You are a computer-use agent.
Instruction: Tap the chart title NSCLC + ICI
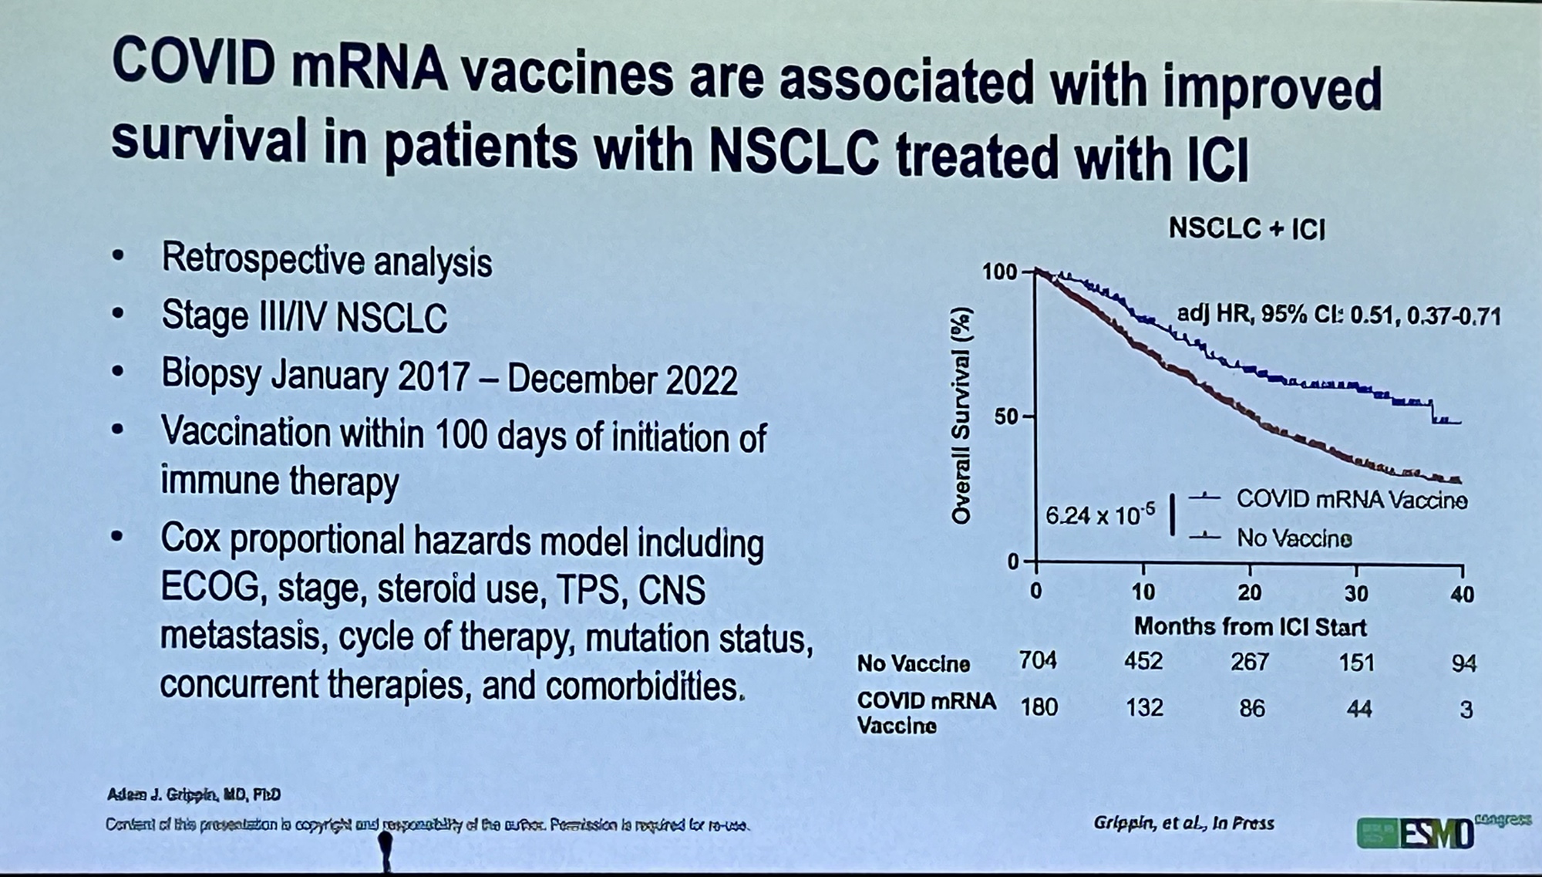coord(1247,228)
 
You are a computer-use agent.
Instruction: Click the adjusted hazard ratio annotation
coord(1338,315)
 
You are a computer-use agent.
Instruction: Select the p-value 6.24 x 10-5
coord(1100,514)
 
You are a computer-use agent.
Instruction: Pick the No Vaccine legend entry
coord(1294,538)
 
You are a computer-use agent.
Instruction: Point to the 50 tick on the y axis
coord(1006,417)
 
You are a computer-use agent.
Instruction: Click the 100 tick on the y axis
coord(999,272)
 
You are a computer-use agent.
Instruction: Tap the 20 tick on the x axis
coord(1249,592)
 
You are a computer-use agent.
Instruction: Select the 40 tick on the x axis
coord(1462,594)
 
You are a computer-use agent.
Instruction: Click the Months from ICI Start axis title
coord(1249,627)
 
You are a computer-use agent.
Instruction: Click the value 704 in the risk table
coord(1038,661)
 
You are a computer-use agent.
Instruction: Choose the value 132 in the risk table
coord(1144,707)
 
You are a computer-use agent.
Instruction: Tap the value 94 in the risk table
coord(1463,663)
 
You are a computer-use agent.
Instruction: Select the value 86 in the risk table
coord(1251,708)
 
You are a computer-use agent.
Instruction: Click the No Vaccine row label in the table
coord(914,663)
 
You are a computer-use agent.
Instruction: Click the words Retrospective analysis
coord(326,261)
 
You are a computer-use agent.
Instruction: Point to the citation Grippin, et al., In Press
coord(1183,823)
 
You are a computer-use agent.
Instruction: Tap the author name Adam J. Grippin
coord(194,794)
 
